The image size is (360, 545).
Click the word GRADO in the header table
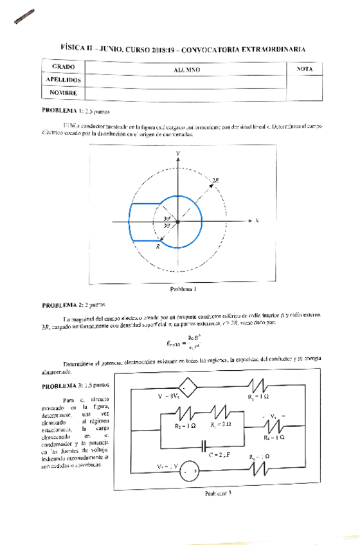click(63, 67)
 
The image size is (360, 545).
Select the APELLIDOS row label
click(63, 80)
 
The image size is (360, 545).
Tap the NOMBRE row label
click(63, 93)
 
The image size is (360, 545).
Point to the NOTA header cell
click(305, 67)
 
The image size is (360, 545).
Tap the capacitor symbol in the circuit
click(204, 444)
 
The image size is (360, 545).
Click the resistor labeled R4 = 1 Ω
click(277, 425)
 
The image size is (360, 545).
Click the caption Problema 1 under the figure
click(183, 290)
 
